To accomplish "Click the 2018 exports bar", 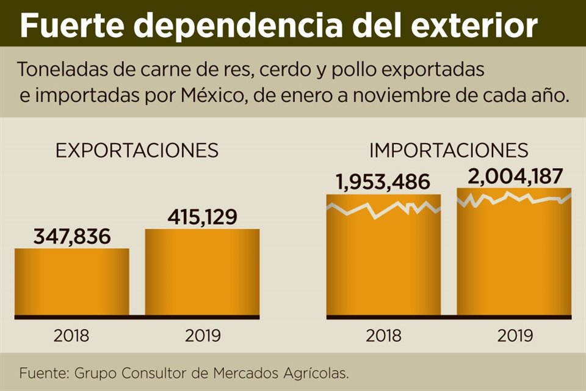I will point(71,282).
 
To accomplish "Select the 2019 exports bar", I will point(201,272).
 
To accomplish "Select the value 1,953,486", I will point(383,182).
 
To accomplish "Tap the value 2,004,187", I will point(514,176).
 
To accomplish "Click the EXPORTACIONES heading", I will point(137,151).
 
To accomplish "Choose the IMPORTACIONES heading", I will point(449,150).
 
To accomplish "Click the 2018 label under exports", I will point(71,335).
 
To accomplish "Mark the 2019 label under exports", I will point(201,335).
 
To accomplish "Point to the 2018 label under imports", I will point(383,335).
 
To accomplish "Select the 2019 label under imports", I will point(515,335).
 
